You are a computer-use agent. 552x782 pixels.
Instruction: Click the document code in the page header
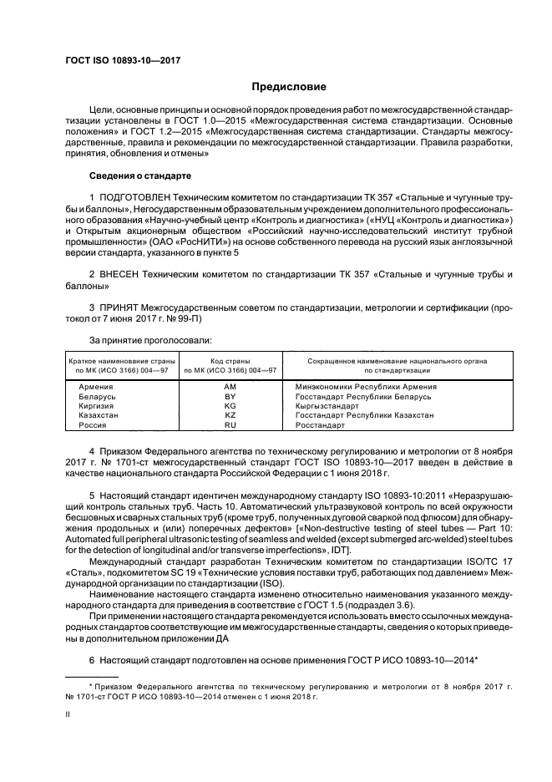pyautogui.click(x=123, y=60)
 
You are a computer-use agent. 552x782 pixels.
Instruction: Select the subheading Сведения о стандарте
pyautogui.click(x=140, y=176)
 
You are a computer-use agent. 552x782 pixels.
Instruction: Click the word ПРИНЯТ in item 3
pyautogui.click(x=124, y=307)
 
